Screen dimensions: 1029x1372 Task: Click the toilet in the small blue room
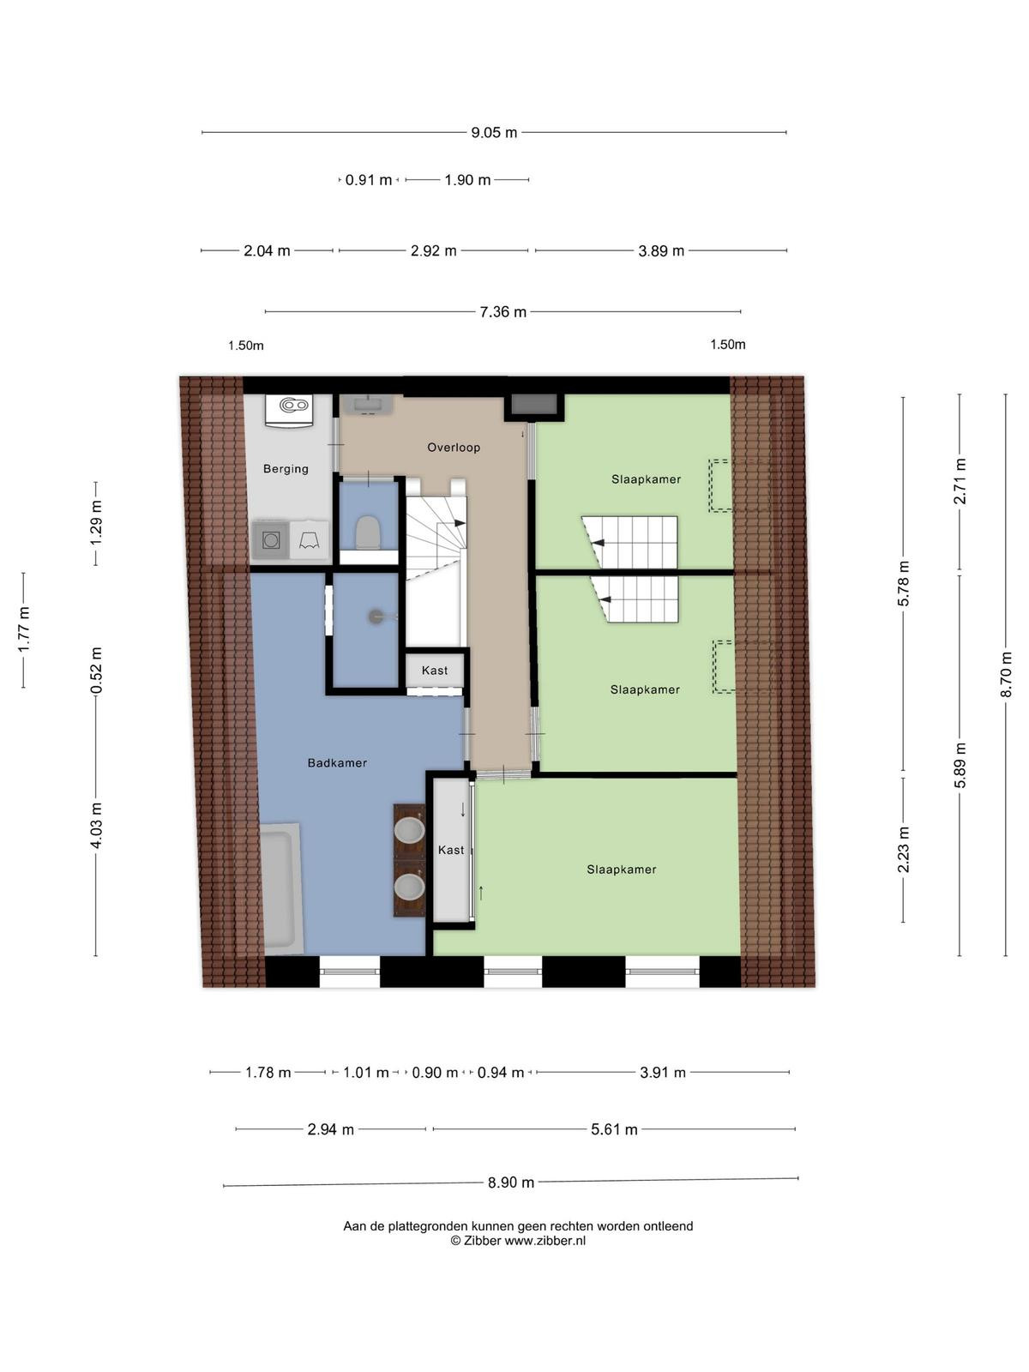(x=367, y=532)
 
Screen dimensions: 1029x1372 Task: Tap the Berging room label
(x=286, y=469)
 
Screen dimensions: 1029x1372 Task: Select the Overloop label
(x=454, y=447)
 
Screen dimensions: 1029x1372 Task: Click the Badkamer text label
(x=337, y=762)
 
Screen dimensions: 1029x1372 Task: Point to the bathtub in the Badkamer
(x=280, y=888)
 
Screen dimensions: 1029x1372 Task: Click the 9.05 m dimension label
(x=494, y=133)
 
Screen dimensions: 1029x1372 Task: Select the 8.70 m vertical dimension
(x=1005, y=675)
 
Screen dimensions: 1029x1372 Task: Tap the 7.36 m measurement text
(x=503, y=311)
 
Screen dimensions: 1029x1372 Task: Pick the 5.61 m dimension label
(x=614, y=1129)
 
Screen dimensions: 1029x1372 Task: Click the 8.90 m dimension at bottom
(x=511, y=1182)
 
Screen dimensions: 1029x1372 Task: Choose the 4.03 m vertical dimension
(x=95, y=826)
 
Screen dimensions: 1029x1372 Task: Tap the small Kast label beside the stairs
(x=435, y=671)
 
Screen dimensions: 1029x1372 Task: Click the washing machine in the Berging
(x=270, y=539)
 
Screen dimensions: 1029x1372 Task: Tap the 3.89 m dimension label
(x=661, y=250)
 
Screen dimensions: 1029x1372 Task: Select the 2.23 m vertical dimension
(x=904, y=850)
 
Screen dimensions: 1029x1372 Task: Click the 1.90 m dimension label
(x=467, y=180)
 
